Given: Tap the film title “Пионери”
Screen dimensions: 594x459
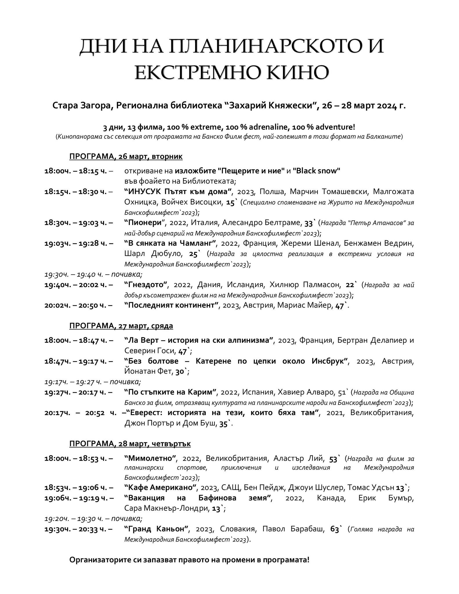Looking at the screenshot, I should (x=147, y=223).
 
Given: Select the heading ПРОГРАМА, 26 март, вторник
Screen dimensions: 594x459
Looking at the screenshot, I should (x=126, y=157).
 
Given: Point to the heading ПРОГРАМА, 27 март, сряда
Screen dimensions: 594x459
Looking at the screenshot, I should (x=121, y=326).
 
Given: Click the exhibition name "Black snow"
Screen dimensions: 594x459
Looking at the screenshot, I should (x=316, y=171).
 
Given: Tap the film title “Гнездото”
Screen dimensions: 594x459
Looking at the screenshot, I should (x=147, y=285).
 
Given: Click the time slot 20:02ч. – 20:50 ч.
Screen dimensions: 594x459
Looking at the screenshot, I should (x=78, y=305).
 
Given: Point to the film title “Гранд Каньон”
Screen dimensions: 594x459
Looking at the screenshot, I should (x=157, y=529).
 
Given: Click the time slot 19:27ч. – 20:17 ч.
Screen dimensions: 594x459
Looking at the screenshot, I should (x=78, y=392).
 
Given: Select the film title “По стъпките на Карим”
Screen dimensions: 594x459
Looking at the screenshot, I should (x=171, y=392).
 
